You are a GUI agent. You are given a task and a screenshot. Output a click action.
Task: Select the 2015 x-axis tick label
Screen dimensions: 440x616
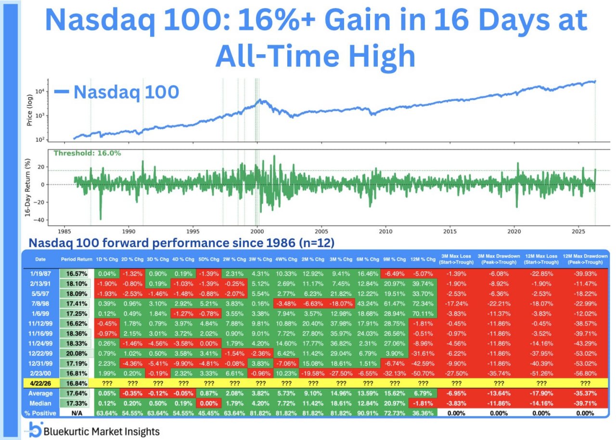[x=450, y=230]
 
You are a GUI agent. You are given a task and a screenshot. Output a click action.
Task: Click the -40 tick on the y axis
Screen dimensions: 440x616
[x=42, y=220]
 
